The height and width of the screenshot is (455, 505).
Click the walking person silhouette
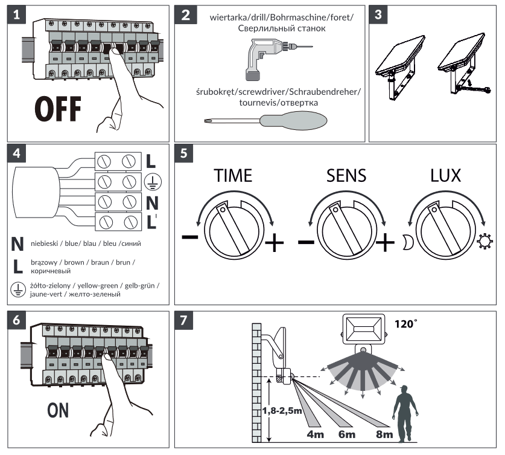[x=403, y=410]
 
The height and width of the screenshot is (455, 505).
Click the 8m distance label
[x=383, y=433]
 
